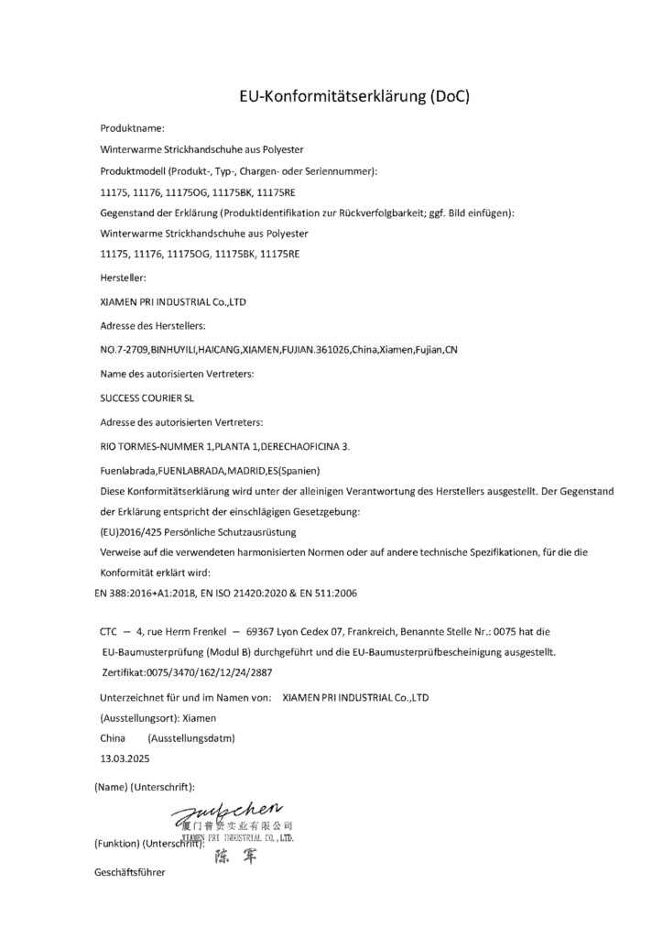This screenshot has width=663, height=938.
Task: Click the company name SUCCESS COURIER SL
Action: point(147,398)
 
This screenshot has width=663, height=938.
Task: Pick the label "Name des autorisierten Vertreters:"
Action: point(176,374)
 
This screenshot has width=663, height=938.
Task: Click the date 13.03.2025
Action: point(125,758)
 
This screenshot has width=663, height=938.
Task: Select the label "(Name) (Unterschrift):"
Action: point(144,786)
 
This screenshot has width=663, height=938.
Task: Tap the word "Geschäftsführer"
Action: point(129,873)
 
